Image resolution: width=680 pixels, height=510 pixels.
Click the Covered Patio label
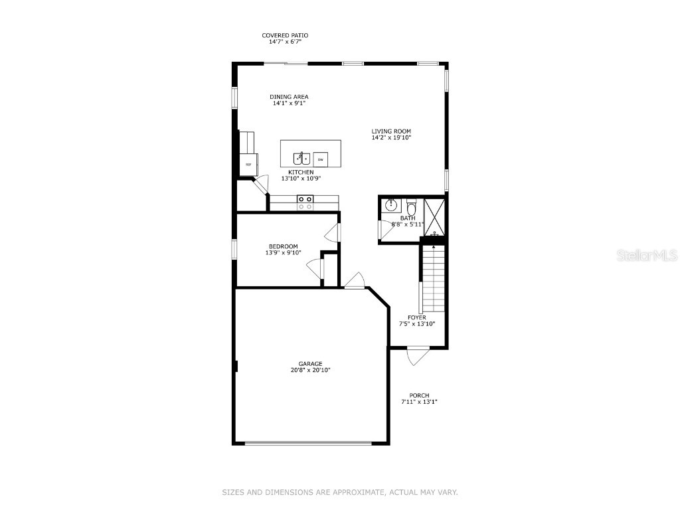point(285,35)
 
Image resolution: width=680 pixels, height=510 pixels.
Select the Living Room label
point(391,131)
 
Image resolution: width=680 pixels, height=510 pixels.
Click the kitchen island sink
point(302,158)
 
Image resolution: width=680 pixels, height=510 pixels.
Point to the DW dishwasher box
point(320,159)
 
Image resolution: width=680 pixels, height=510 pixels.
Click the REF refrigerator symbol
point(248,164)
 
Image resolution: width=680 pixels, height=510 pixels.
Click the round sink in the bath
point(391,205)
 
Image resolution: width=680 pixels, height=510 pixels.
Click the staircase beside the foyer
point(433,279)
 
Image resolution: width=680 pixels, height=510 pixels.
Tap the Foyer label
point(417,317)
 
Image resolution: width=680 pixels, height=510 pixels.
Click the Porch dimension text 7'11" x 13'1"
point(419,402)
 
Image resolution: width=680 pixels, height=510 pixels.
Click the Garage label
point(310,363)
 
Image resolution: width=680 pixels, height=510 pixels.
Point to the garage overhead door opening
point(309,443)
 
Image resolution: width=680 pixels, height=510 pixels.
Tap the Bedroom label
point(283,246)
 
